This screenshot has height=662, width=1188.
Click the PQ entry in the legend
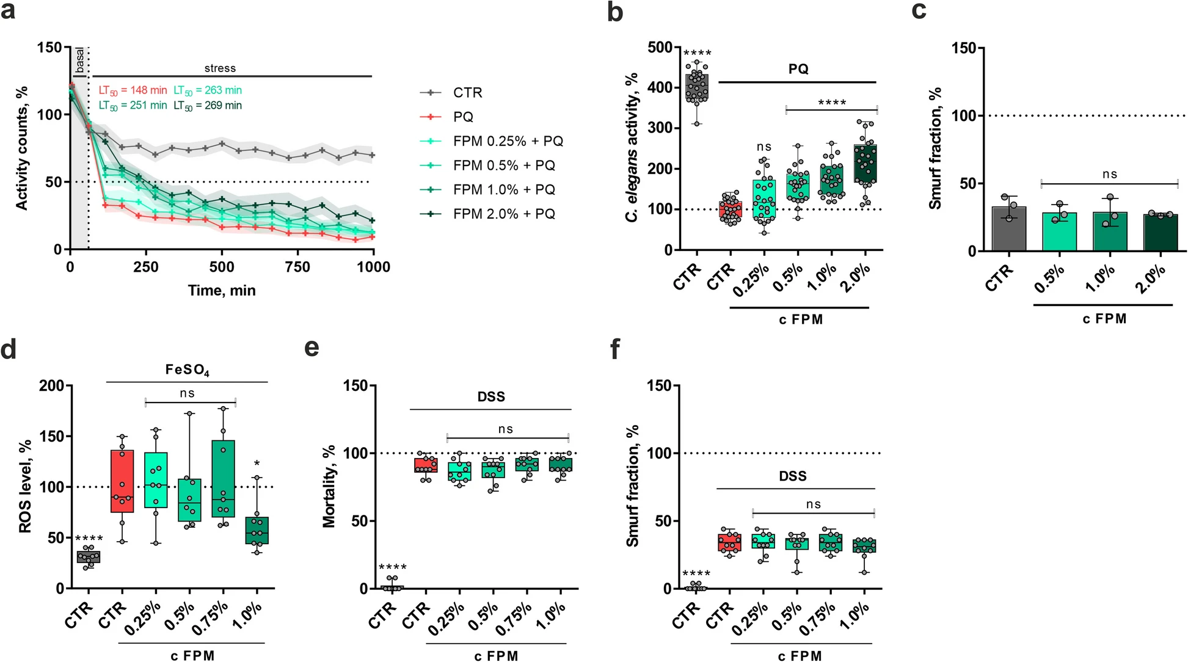click(463, 117)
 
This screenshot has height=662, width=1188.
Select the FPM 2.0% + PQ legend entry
click(504, 214)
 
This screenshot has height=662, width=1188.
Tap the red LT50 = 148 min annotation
click(133, 90)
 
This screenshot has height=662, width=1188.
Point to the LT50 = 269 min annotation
click(208, 106)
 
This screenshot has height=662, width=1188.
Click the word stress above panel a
click(220, 68)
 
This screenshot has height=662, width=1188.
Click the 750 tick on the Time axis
click(297, 267)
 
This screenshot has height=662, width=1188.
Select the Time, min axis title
click(222, 290)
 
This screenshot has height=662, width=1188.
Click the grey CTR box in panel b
click(697, 89)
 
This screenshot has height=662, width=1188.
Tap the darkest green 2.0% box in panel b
click(865, 163)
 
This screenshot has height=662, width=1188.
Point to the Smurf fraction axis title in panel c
click(935, 148)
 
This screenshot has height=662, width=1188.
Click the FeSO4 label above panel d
click(187, 370)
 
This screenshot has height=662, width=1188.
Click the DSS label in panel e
click(491, 397)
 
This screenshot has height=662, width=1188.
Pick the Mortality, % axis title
click(329, 486)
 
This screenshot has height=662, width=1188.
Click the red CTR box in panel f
click(730, 542)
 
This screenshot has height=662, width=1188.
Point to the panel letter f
click(616, 349)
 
